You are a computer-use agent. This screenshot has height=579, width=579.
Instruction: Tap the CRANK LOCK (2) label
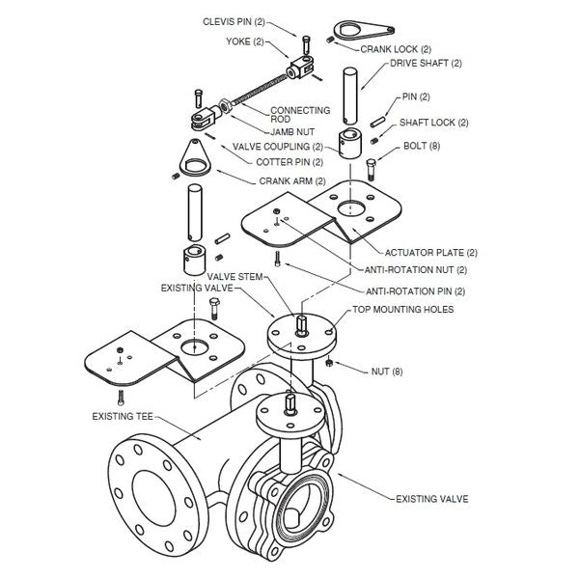click(396, 48)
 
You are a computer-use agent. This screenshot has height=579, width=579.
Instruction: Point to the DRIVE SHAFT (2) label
click(427, 64)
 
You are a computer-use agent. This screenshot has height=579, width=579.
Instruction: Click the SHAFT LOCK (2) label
click(433, 123)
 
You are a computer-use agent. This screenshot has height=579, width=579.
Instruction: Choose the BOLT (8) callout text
click(422, 148)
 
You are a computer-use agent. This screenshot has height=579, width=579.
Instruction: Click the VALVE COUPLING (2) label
click(278, 147)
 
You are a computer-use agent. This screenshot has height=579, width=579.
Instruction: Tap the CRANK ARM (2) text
click(292, 180)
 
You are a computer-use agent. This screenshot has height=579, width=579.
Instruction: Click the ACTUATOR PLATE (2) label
click(430, 252)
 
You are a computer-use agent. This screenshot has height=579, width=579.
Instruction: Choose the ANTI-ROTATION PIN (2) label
click(415, 290)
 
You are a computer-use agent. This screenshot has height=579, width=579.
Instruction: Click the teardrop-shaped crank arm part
click(194, 158)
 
